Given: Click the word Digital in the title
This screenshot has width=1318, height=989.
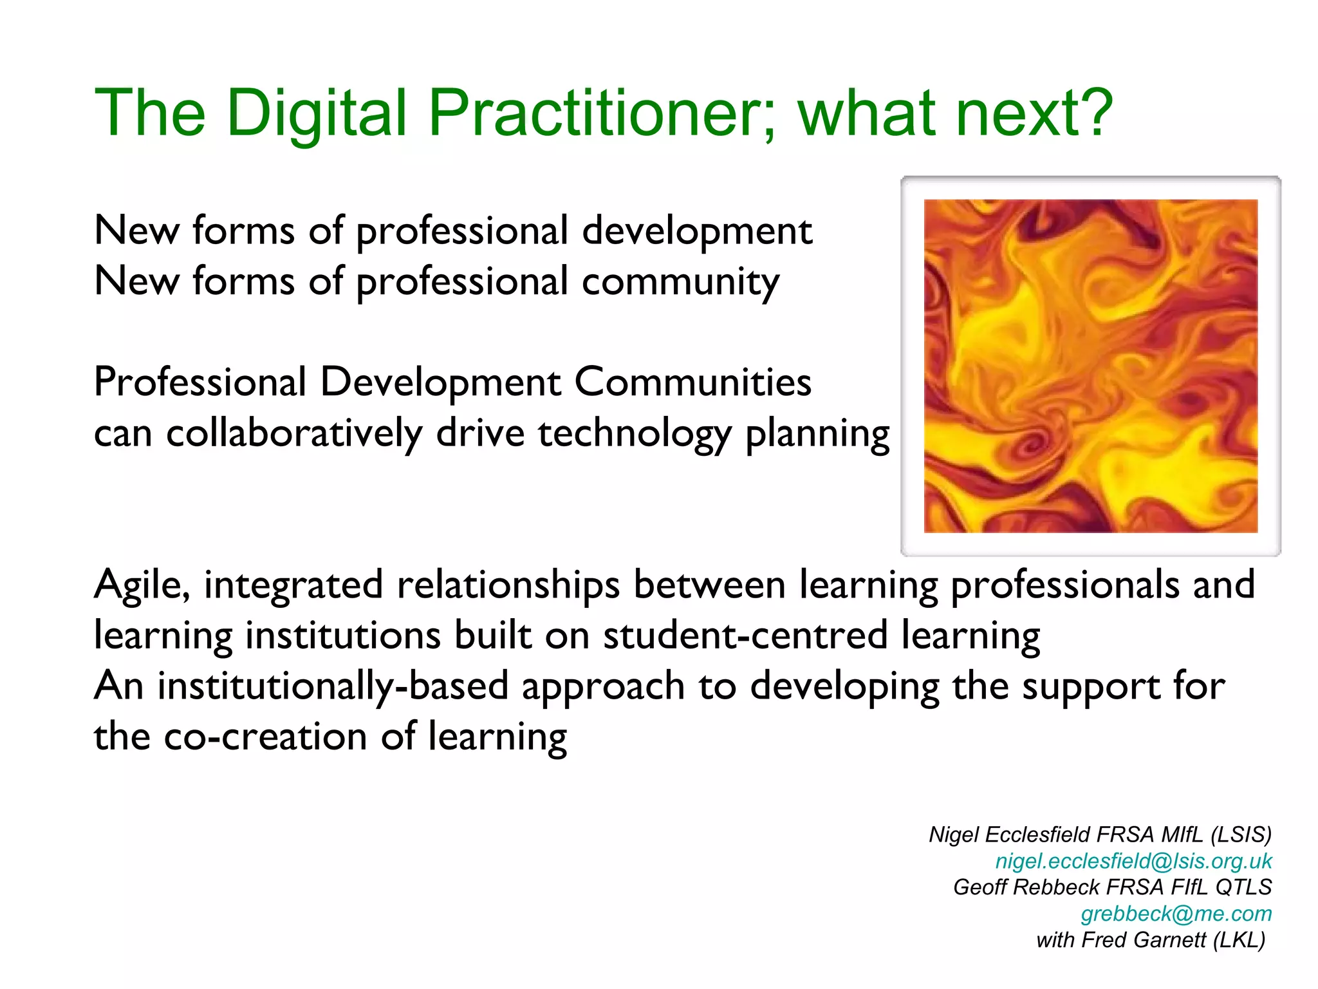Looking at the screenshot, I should [x=317, y=114].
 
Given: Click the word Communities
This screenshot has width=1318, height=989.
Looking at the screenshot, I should [x=692, y=382].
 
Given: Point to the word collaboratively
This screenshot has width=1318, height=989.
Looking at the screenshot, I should [x=294, y=433].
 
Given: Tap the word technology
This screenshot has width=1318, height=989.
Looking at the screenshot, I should [x=635, y=434].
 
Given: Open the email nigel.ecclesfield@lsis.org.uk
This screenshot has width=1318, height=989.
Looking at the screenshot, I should [x=1133, y=862].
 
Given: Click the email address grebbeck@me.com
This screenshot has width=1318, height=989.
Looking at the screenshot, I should [x=1176, y=914].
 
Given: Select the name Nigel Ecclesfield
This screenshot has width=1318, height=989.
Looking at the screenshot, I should [x=1009, y=835].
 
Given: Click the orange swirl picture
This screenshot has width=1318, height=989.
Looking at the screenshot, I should [x=1090, y=366].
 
